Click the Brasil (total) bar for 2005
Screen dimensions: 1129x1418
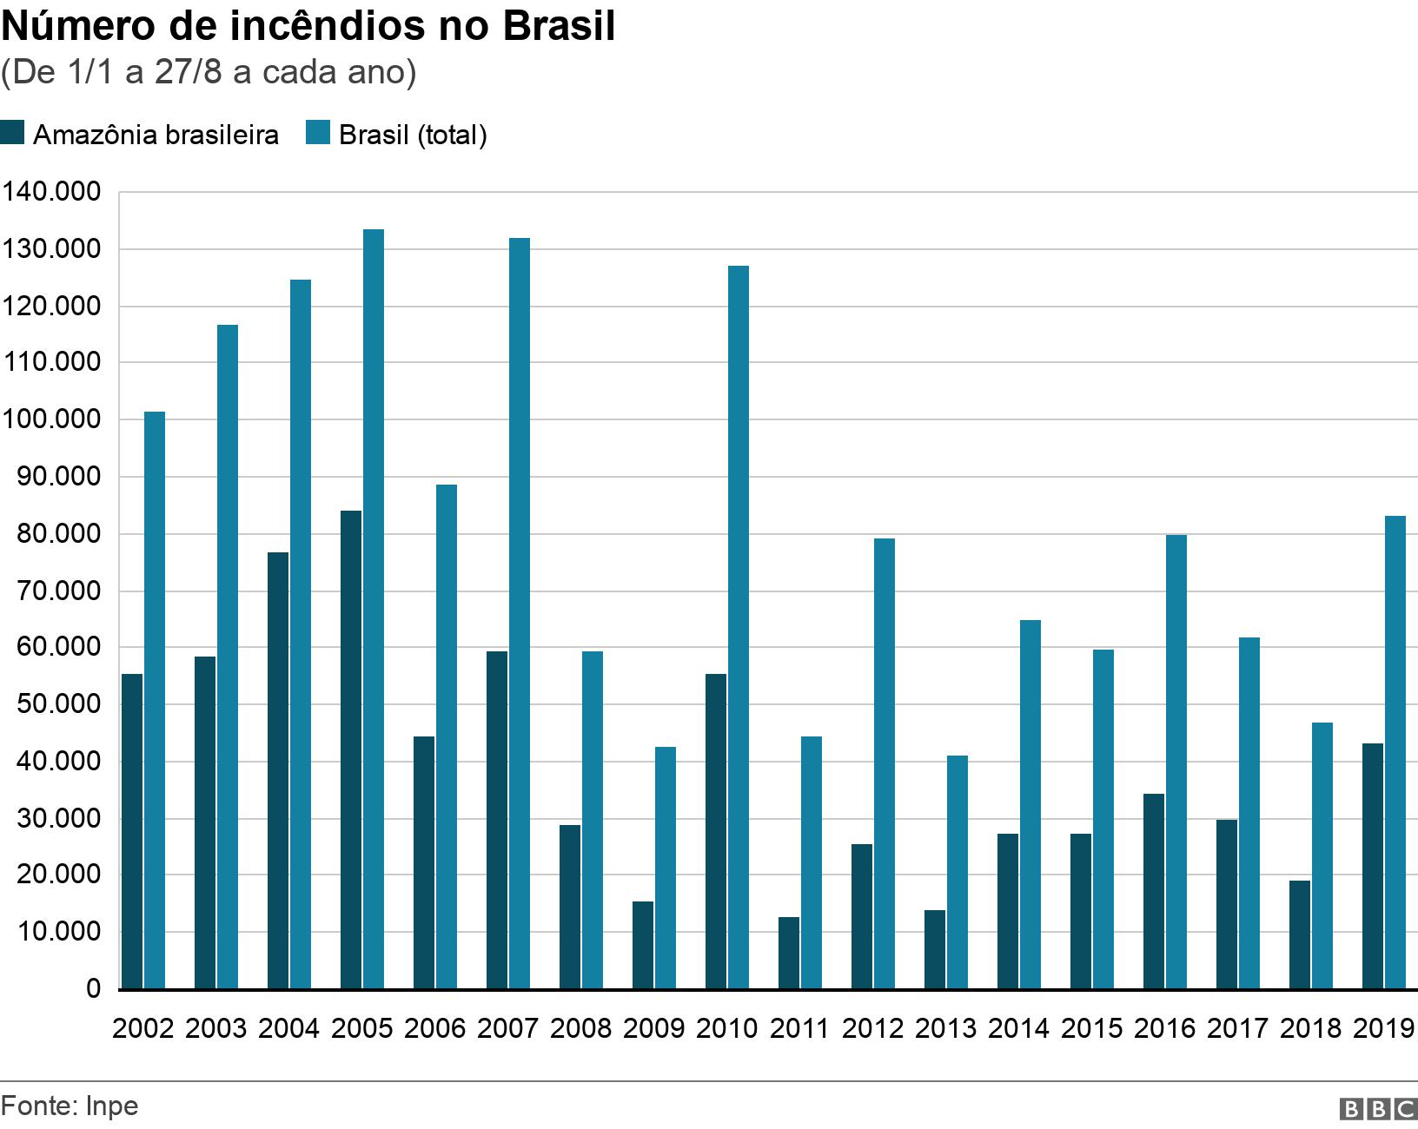tap(374, 608)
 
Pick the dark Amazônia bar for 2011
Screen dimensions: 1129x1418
tap(789, 953)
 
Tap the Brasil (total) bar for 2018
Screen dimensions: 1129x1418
tap(1322, 855)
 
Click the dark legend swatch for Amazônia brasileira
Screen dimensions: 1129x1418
tap(13, 134)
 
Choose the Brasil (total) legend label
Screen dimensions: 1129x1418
tap(413, 135)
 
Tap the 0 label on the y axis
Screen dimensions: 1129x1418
tap(93, 989)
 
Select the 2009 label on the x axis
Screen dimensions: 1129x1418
tap(654, 1028)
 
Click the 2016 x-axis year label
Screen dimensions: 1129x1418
tap(1165, 1028)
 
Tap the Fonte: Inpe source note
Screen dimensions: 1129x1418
tap(70, 1106)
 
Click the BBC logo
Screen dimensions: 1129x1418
tap(1379, 1109)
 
